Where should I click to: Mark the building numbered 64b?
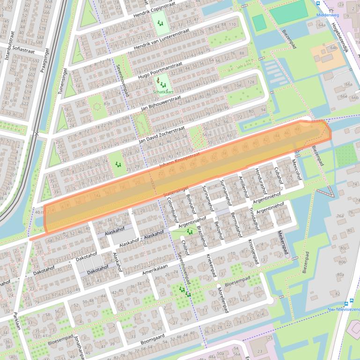pos(334,48)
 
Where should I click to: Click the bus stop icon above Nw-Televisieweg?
pos(351,302)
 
